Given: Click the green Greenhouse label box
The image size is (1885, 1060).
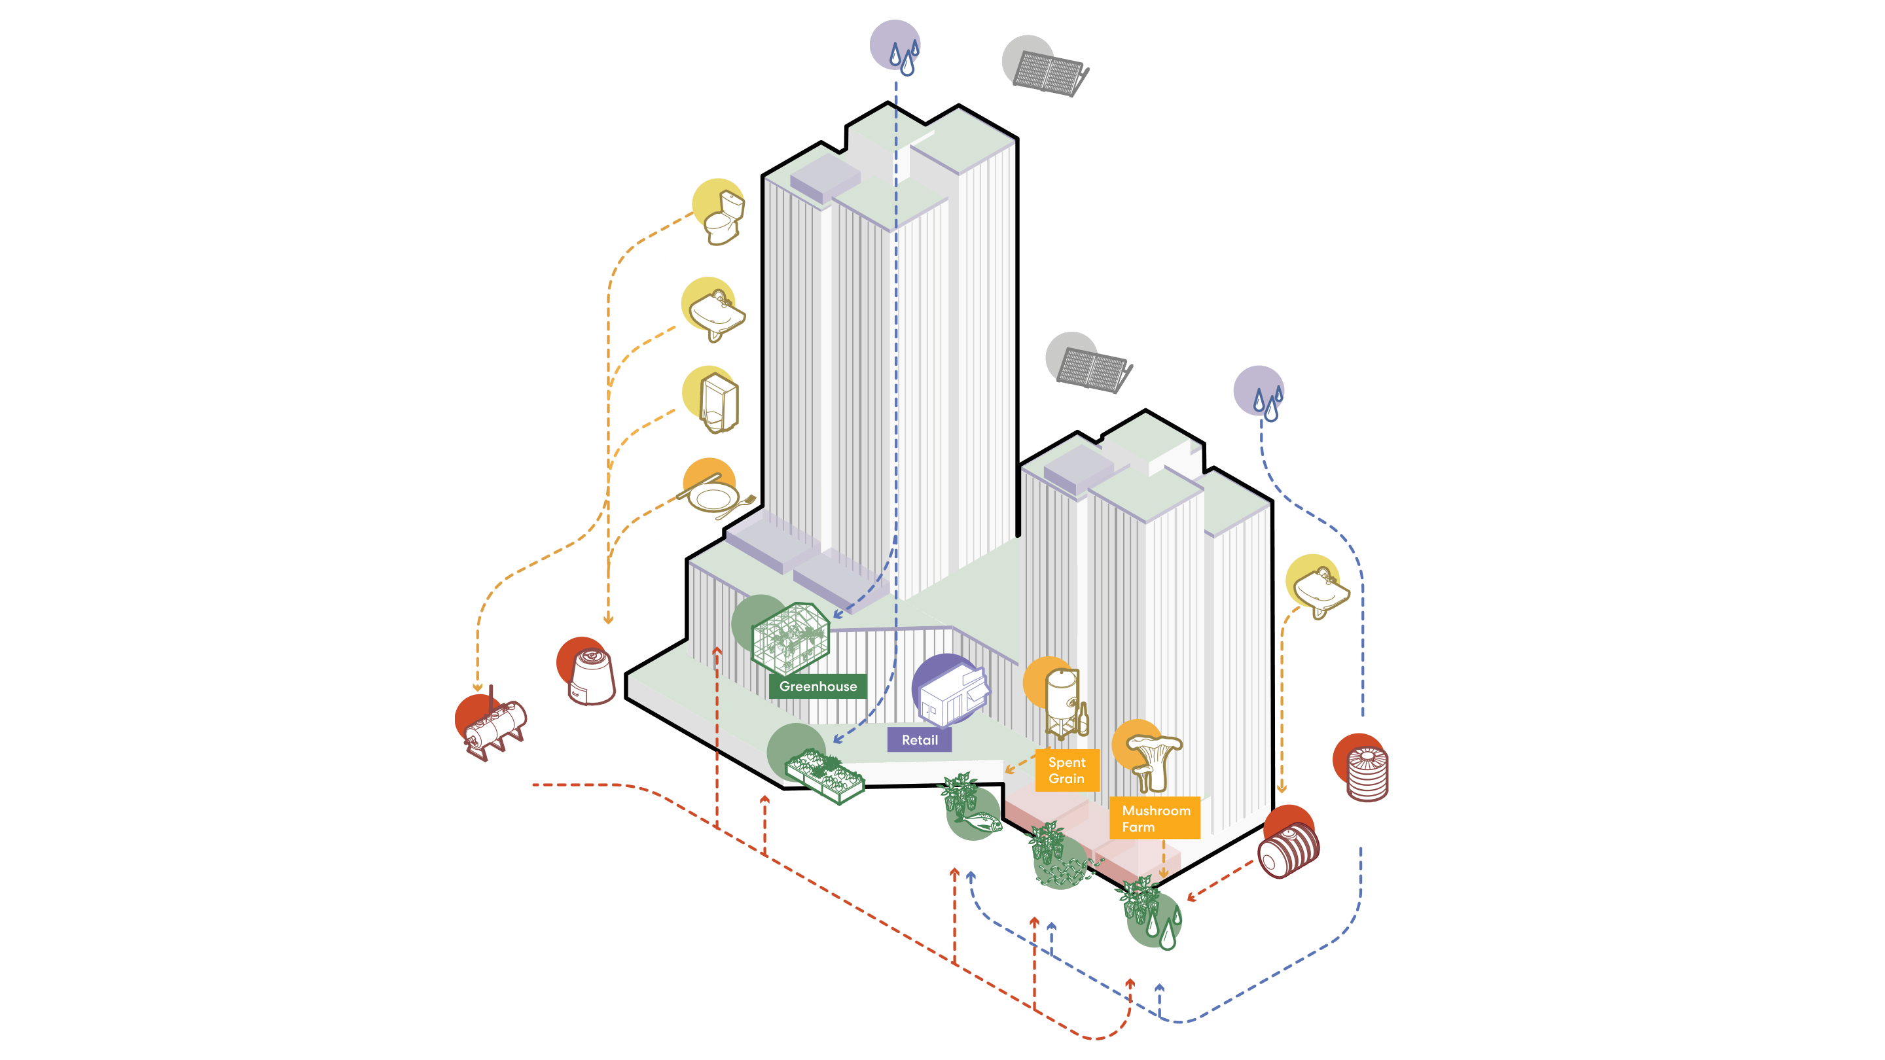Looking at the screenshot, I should tap(817, 686).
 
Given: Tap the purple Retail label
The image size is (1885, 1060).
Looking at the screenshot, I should tap(919, 739).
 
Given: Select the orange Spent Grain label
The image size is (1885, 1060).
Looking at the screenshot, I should tap(1067, 770).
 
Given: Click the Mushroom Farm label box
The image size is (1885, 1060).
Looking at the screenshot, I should tap(1155, 818).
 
